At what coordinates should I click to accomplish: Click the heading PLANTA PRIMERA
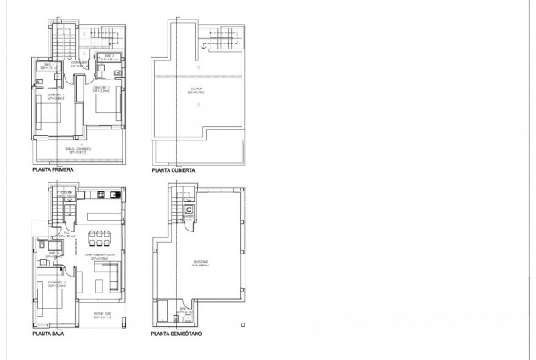52,170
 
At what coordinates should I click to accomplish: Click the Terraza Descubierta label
79,149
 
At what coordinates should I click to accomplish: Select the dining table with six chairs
101,235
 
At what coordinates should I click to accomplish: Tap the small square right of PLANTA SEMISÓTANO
243,323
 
